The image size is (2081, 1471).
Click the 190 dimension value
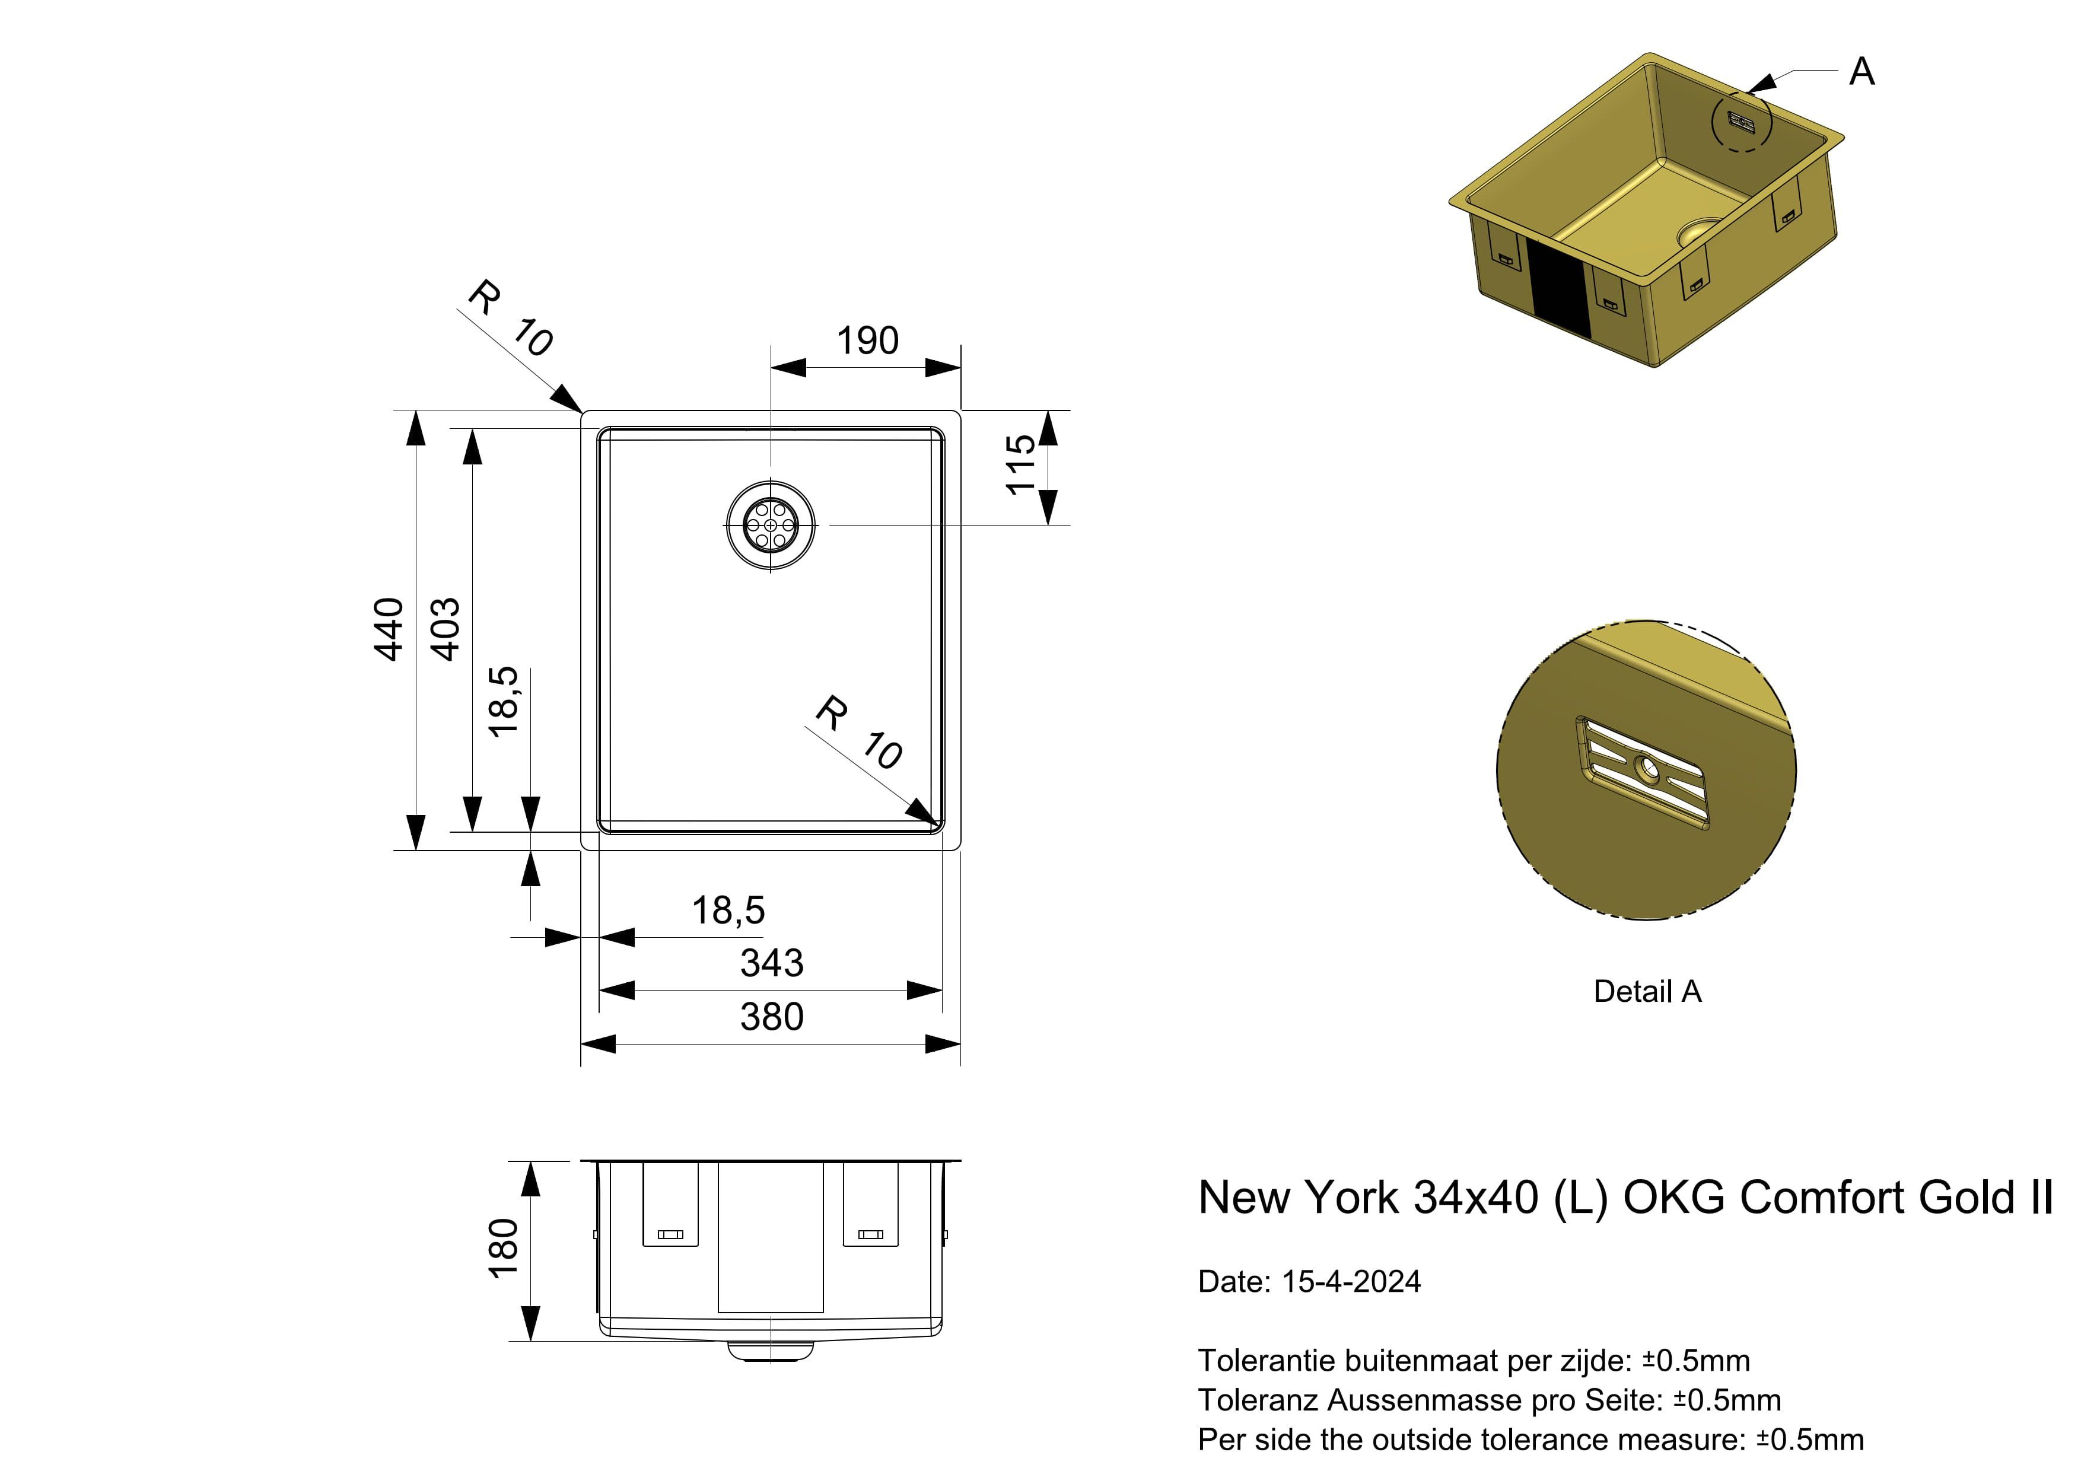(x=867, y=341)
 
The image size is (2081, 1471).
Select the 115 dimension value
(x=1020, y=464)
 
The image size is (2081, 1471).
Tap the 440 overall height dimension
(x=389, y=629)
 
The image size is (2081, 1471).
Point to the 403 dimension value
(x=444, y=629)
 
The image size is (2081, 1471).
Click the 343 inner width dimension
(x=771, y=963)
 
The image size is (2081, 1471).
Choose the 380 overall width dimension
(x=771, y=1017)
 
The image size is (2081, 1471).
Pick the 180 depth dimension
(x=503, y=1248)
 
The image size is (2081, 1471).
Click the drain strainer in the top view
(x=771, y=525)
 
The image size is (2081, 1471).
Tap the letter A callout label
(x=1862, y=72)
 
